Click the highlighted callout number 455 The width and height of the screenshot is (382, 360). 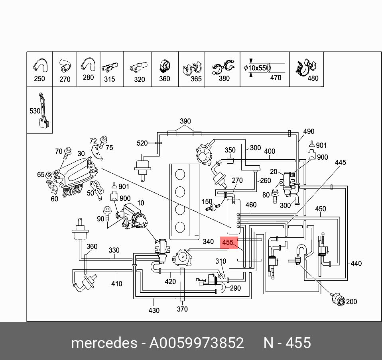click(x=228, y=242)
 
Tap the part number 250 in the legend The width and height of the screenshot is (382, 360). click(x=39, y=78)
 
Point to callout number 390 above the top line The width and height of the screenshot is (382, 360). click(x=185, y=121)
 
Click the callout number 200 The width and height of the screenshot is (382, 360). click(x=351, y=302)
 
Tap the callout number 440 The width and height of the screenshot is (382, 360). click(x=356, y=263)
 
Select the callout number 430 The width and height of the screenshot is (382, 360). click(x=154, y=310)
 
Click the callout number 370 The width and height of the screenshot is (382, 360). click(x=182, y=309)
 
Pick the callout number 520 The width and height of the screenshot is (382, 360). click(x=142, y=143)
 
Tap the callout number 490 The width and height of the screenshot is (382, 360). click(x=309, y=131)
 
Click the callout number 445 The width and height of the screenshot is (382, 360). click(x=340, y=162)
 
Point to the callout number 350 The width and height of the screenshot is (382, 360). click(x=230, y=150)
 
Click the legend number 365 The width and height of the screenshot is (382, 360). click(x=196, y=79)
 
